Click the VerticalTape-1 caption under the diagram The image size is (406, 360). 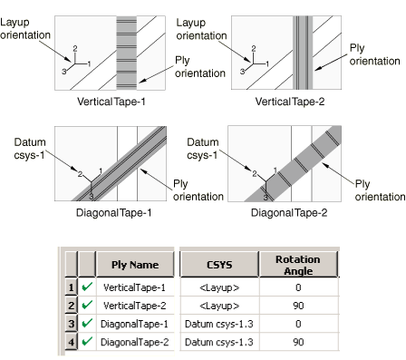pos(111,102)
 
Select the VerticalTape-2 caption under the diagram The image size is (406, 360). pos(290,102)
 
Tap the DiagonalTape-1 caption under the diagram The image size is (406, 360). pos(113,213)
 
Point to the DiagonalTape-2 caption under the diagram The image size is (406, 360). pos(289,213)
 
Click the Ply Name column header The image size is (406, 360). pos(135,265)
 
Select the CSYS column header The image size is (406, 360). pos(219,265)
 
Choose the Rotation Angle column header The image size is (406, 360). pos(298,265)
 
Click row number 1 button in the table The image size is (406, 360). pos(71,287)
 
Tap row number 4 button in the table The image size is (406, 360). pos(71,342)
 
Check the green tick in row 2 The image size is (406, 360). pos(87,305)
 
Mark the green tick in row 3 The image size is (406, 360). pos(87,323)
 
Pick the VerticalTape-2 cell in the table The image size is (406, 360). pos(135,306)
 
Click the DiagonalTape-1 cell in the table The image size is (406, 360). pos(135,324)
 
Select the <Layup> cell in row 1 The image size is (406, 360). pos(219,287)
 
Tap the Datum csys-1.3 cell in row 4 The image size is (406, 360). pos(219,342)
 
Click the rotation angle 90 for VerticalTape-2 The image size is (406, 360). pos(298,306)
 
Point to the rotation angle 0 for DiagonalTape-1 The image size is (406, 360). pos(298,324)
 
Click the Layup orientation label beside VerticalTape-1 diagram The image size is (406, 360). pos(25,29)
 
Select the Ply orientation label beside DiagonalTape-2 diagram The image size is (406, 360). pos(380,190)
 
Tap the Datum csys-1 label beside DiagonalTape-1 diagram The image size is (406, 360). pos(30,149)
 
